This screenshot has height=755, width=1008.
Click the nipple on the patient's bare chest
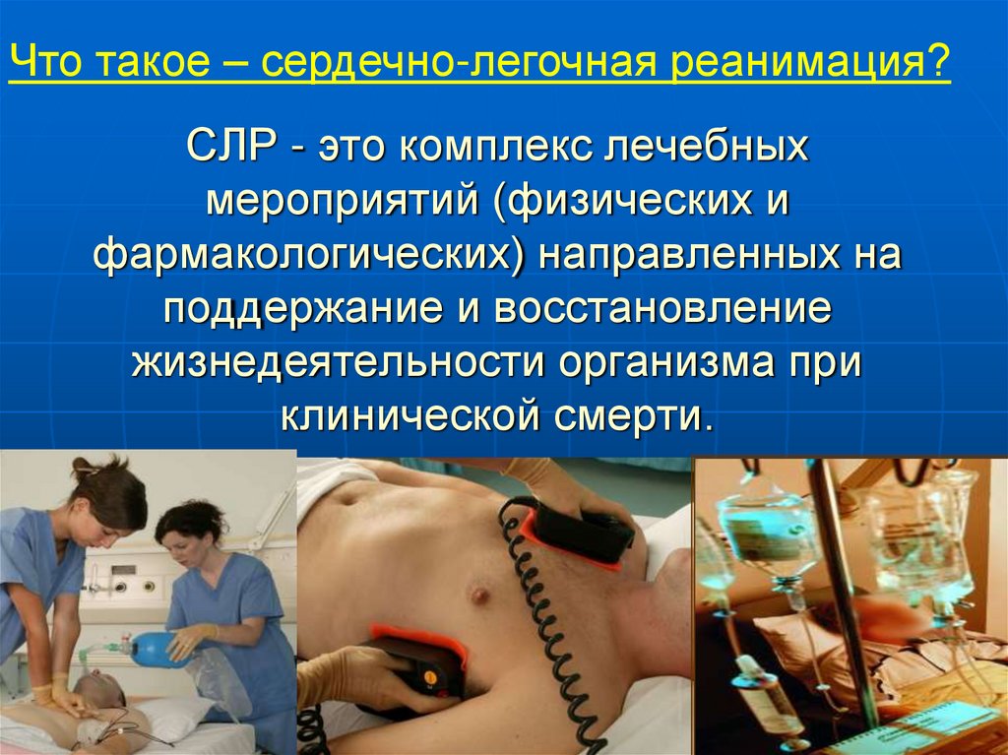point(480,593)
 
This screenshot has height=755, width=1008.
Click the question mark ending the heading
point(939,64)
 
